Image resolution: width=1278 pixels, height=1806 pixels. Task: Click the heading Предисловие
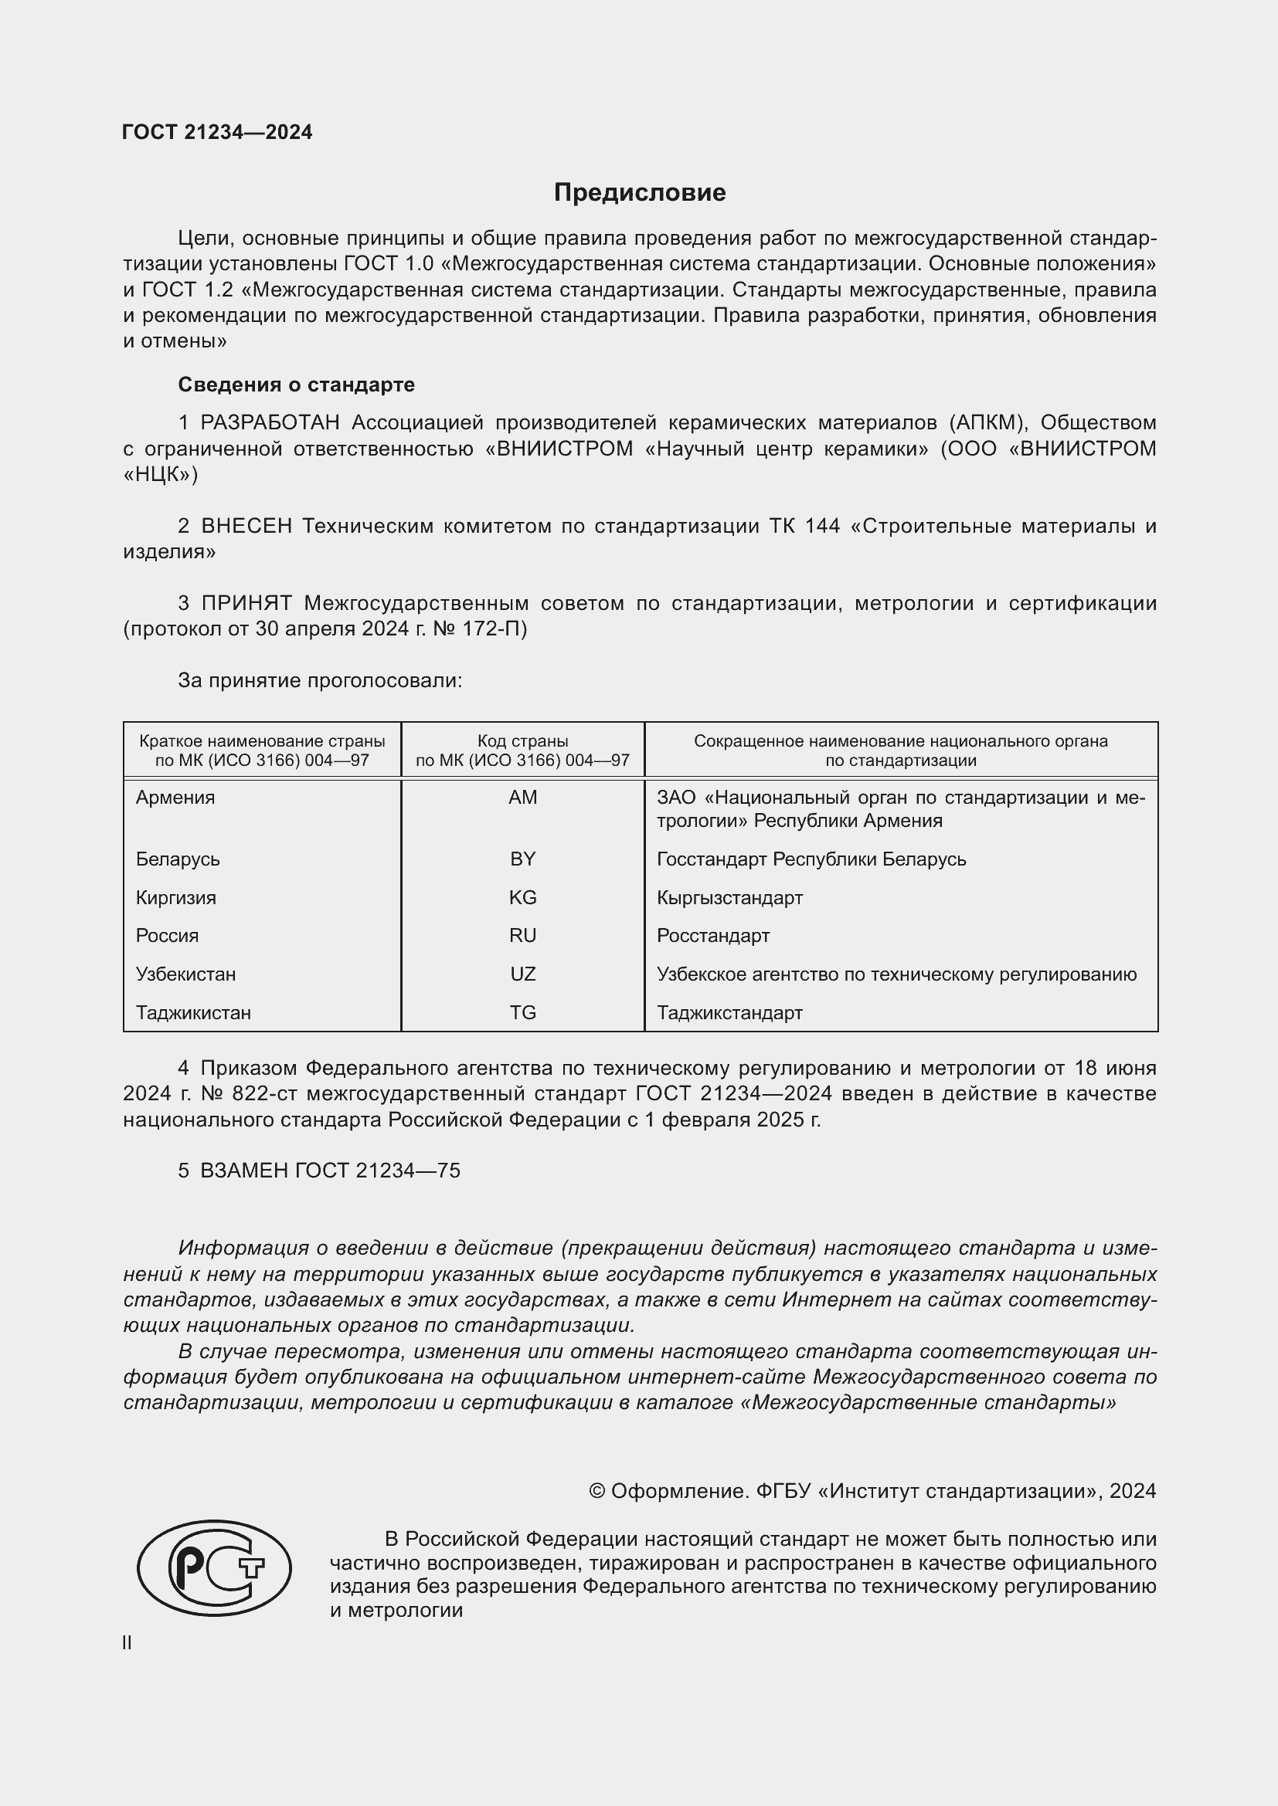639,193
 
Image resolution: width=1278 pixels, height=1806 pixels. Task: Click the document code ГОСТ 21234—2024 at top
217,132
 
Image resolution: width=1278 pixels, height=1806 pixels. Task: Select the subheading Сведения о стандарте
296,385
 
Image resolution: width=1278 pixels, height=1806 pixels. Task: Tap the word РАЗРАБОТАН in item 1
270,423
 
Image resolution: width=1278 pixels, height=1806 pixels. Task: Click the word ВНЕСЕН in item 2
246,527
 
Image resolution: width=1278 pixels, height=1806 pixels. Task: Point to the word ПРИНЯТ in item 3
246,603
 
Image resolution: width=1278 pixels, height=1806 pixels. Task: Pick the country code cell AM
522,798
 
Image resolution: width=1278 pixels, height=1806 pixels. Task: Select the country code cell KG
522,897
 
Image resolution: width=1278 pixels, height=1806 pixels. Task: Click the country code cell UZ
522,974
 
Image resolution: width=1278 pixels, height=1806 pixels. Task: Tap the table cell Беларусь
178,859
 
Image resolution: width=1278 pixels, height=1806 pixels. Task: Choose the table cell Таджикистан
194,1013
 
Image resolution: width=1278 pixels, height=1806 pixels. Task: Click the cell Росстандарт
713,936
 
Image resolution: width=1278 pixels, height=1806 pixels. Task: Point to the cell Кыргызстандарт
729,897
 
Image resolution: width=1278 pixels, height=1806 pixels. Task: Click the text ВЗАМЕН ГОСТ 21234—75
330,1171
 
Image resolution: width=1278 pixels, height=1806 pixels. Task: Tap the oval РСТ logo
214,1568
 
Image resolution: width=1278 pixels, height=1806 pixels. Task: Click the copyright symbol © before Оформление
597,1492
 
